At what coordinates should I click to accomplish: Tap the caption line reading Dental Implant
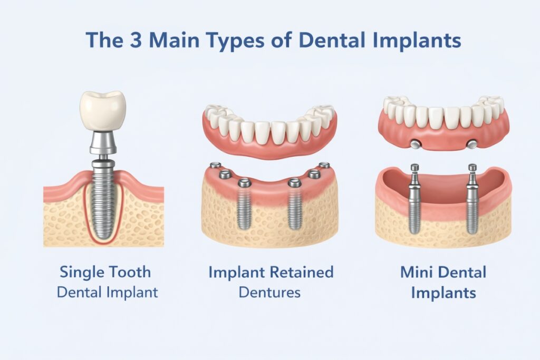tap(108, 291)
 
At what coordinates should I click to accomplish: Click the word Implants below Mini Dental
tap(443, 292)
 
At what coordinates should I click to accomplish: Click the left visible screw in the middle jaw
tap(244, 208)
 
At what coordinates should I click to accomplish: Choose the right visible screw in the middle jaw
tap(294, 208)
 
